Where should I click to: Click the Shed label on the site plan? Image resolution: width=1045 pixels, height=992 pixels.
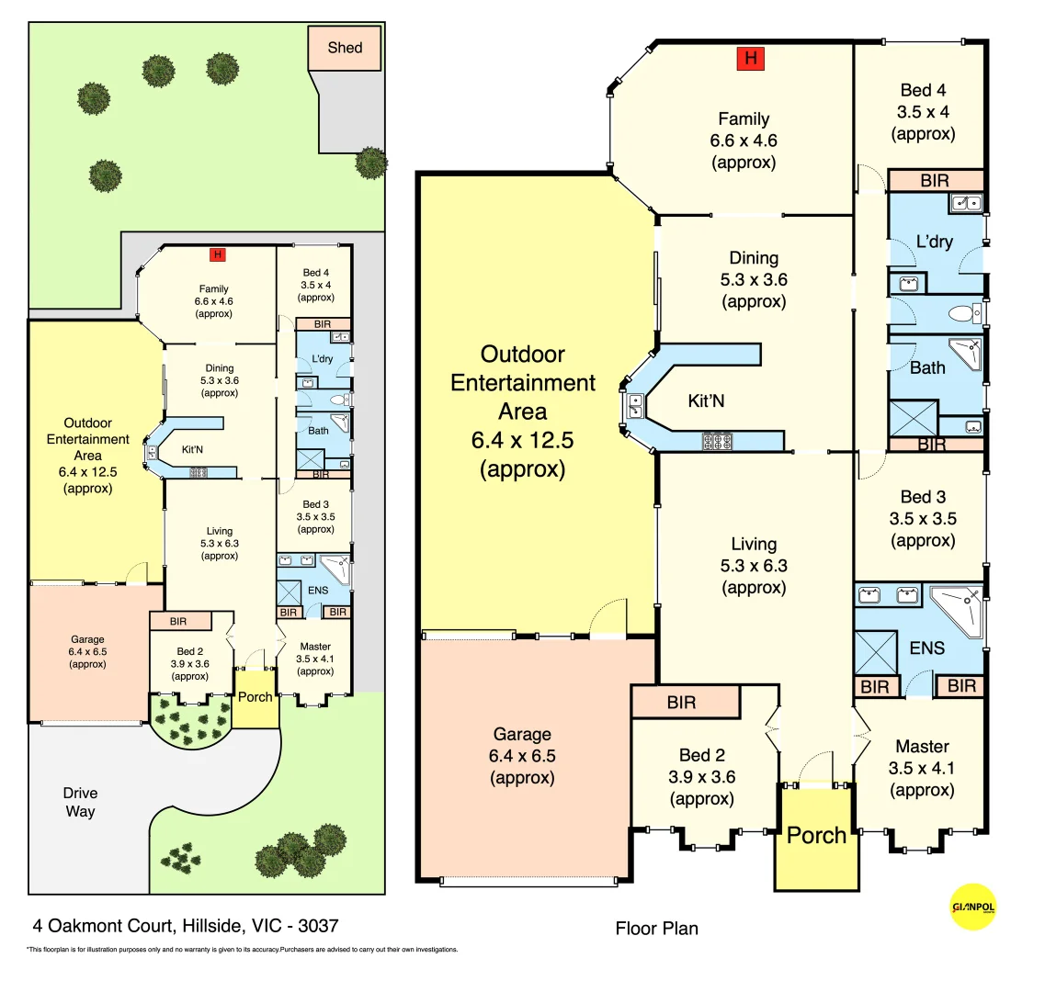(x=345, y=48)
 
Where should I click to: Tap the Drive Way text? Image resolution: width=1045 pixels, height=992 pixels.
(x=80, y=802)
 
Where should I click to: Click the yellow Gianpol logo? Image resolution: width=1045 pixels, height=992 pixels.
(x=972, y=907)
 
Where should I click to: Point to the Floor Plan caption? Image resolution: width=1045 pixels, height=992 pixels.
(x=656, y=929)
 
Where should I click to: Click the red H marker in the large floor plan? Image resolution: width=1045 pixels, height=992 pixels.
(x=751, y=59)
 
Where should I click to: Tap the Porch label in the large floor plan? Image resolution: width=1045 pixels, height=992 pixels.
(x=816, y=836)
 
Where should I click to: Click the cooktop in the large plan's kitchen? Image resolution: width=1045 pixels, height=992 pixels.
(x=717, y=442)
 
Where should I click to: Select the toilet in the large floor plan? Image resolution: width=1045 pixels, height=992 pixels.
(x=963, y=314)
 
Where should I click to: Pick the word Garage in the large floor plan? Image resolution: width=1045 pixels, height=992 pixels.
(x=522, y=734)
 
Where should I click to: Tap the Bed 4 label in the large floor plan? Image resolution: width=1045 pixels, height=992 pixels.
(x=923, y=90)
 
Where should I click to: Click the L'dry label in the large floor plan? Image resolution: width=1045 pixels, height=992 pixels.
(x=934, y=242)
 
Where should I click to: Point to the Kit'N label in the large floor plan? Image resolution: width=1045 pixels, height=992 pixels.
(x=706, y=401)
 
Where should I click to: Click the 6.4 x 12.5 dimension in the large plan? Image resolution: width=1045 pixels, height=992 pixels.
(x=522, y=441)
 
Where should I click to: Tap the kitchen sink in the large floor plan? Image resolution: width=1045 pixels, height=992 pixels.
(x=634, y=406)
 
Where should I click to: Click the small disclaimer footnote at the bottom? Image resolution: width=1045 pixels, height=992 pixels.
(x=242, y=950)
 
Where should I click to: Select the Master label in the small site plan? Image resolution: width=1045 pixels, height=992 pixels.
(x=315, y=647)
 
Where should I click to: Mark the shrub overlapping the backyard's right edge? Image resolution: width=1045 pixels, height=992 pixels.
(x=371, y=163)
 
